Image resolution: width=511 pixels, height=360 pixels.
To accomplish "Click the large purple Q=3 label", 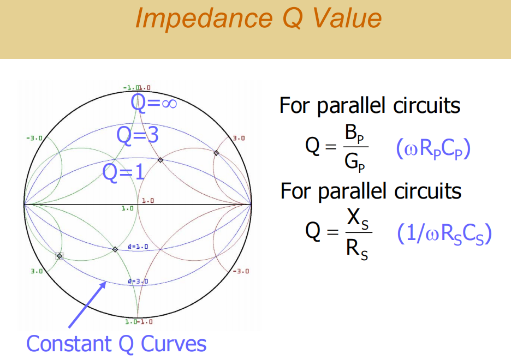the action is point(138,135).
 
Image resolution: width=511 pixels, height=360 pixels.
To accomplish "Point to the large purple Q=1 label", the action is point(124,172).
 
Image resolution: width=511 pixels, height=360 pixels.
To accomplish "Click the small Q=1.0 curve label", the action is point(138,247).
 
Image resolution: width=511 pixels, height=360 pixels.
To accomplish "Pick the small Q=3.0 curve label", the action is point(138,281).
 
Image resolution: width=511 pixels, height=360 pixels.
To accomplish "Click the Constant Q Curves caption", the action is point(116,344).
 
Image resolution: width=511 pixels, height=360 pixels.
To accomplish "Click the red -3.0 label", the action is point(241,271).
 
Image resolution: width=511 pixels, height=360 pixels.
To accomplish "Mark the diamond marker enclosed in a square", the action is point(59,256).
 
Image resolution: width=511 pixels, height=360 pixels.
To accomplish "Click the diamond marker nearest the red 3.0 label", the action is point(216,153).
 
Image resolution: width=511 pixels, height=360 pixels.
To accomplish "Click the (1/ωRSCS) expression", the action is point(444,235).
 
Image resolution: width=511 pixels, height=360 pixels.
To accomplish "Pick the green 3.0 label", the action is point(37,271).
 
